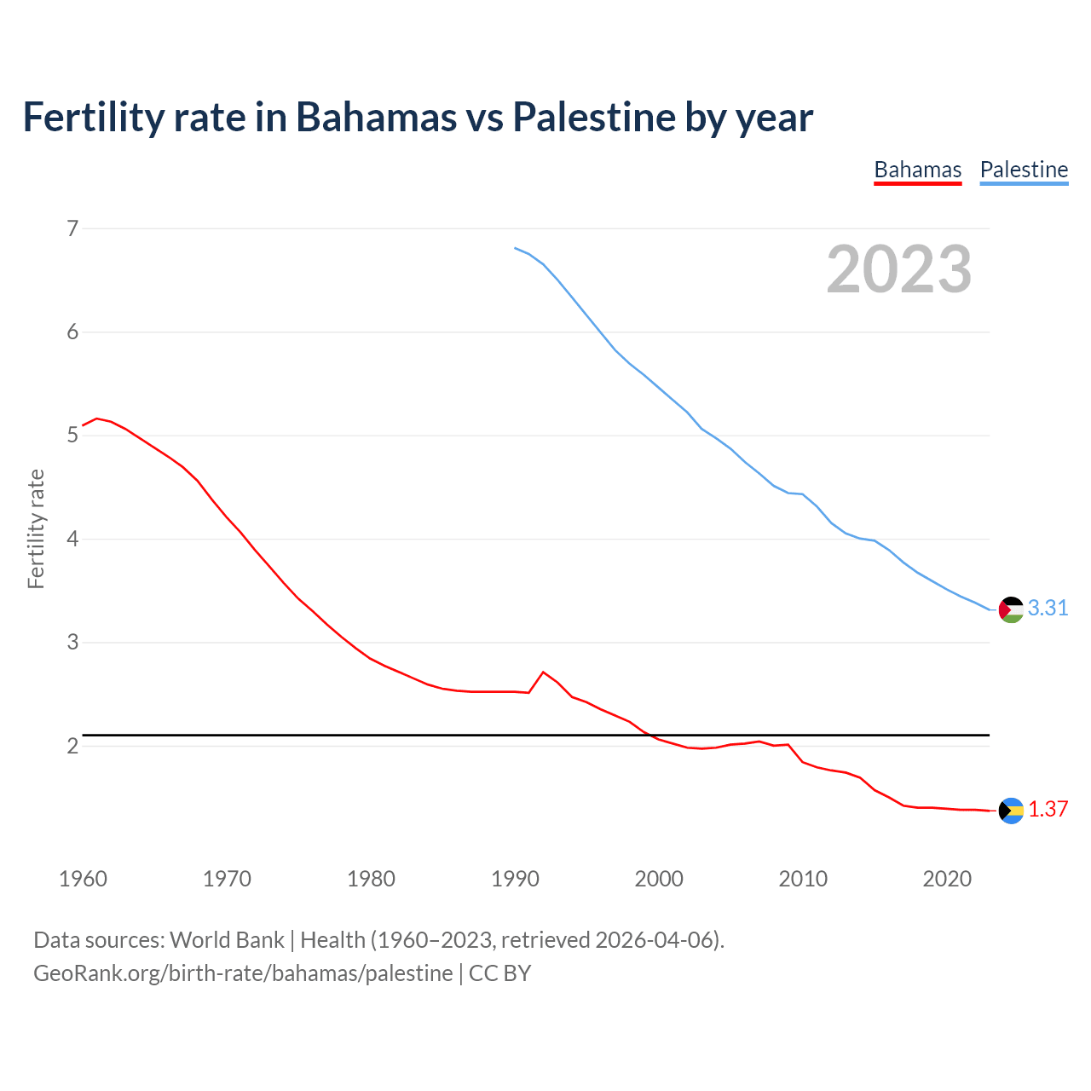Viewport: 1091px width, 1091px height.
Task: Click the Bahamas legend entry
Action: click(917, 170)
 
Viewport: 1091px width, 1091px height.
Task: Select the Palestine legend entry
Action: click(1024, 170)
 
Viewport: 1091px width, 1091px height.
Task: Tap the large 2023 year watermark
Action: click(899, 269)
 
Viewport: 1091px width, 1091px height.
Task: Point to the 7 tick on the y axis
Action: click(72, 228)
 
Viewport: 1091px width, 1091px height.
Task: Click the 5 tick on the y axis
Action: click(72, 436)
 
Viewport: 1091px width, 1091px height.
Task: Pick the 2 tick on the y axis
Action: click(72, 746)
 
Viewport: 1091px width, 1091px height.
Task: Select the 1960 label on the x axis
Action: click(83, 879)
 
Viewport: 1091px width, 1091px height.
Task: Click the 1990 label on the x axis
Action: click(515, 879)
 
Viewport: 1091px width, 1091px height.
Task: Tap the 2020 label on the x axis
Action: click(947, 879)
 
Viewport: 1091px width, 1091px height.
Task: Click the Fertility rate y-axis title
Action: click(36, 528)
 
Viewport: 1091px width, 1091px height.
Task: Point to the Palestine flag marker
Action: click(1011, 609)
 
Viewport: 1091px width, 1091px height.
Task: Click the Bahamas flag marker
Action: click(1011, 811)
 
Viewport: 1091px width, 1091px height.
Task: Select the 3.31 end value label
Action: click(1048, 608)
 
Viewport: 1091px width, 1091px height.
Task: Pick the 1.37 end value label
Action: click(1048, 809)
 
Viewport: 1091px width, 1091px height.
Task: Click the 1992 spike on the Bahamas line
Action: click(543, 672)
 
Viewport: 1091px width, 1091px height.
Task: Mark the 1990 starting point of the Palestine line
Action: click(515, 248)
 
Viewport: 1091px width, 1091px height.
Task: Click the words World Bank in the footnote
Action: click(227, 940)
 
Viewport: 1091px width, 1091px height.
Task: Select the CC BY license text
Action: click(500, 973)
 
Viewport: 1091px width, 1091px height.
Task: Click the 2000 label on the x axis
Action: click(659, 879)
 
